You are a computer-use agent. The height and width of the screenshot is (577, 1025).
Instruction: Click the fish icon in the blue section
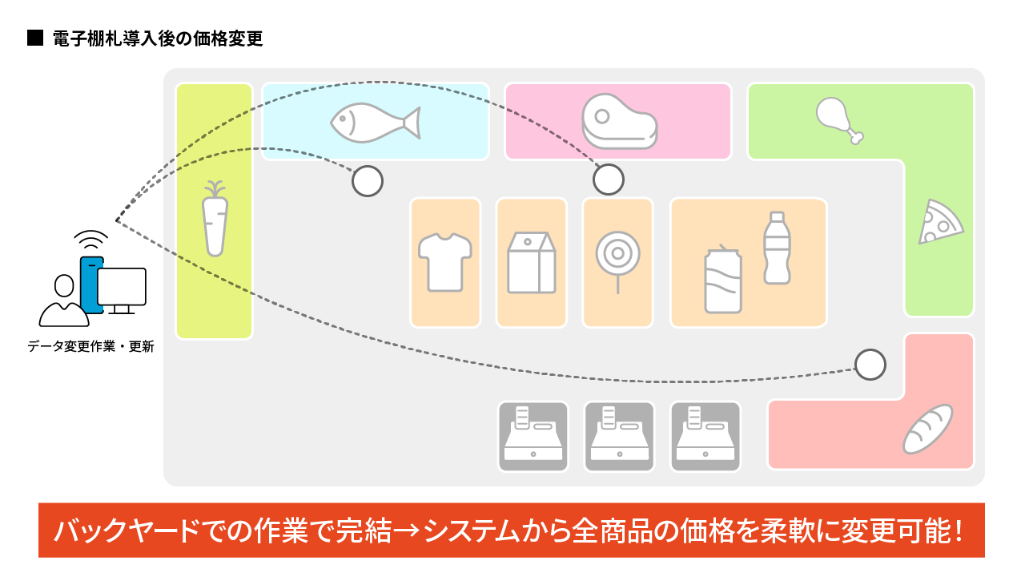(x=375, y=123)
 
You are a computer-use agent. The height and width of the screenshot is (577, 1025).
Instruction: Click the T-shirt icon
(x=445, y=261)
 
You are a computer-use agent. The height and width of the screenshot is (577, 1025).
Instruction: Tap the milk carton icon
(x=531, y=263)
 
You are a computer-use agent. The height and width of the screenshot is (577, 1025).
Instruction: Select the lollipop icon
(x=617, y=259)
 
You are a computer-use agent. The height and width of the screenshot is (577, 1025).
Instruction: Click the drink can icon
(x=723, y=280)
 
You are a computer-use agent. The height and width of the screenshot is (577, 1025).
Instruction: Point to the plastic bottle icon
(x=775, y=248)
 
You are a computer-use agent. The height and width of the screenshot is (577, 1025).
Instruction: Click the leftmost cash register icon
(x=533, y=437)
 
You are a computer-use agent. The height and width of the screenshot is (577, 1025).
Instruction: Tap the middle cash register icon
(x=619, y=437)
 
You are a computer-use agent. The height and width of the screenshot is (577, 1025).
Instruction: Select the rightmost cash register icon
(x=705, y=437)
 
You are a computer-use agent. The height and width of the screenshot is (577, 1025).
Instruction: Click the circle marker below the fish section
(x=368, y=181)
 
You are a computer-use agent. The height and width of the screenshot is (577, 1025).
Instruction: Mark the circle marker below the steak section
(x=609, y=180)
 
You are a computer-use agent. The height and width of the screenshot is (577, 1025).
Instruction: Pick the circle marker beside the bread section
(x=870, y=365)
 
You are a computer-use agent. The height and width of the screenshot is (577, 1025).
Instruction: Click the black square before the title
(x=34, y=38)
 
